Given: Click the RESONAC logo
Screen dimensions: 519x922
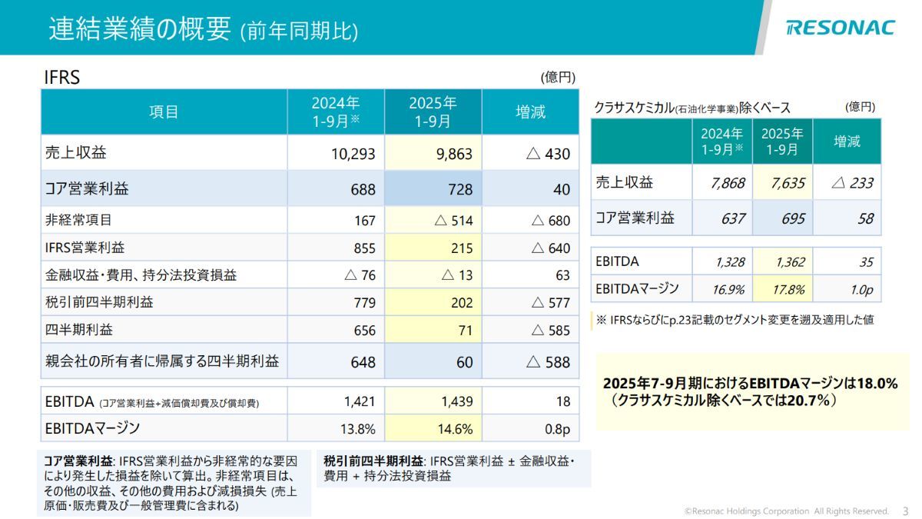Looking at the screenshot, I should click(x=841, y=28).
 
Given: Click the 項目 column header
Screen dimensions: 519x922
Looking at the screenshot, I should click(x=164, y=112).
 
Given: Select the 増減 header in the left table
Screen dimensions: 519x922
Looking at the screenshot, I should click(x=530, y=112).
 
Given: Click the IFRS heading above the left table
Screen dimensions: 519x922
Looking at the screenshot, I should click(x=62, y=78).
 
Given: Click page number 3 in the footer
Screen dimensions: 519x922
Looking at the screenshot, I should click(x=904, y=511).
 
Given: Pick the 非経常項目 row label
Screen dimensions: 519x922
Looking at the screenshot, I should click(x=78, y=221).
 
